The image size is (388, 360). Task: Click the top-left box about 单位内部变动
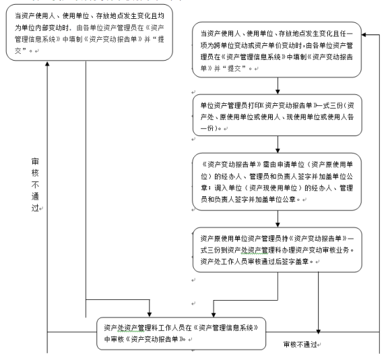(90, 32)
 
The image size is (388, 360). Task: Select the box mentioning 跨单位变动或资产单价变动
(277, 49)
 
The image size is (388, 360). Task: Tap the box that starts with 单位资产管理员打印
(278, 115)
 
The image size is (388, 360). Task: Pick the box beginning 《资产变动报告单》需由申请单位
(277, 182)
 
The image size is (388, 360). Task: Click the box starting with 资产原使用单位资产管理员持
(278, 249)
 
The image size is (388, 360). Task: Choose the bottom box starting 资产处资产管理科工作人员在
(181, 333)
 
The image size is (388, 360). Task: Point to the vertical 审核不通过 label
(35, 185)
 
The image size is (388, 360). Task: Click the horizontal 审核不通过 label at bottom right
(300, 344)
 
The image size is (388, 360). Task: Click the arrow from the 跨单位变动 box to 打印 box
(278, 86)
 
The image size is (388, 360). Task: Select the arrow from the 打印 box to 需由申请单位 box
(278, 144)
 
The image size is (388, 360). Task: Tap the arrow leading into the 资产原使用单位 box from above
(278, 219)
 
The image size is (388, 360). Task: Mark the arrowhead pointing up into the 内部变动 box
(47, 63)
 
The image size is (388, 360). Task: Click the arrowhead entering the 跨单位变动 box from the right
(364, 34)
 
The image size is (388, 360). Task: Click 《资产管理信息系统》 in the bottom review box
(226, 328)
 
